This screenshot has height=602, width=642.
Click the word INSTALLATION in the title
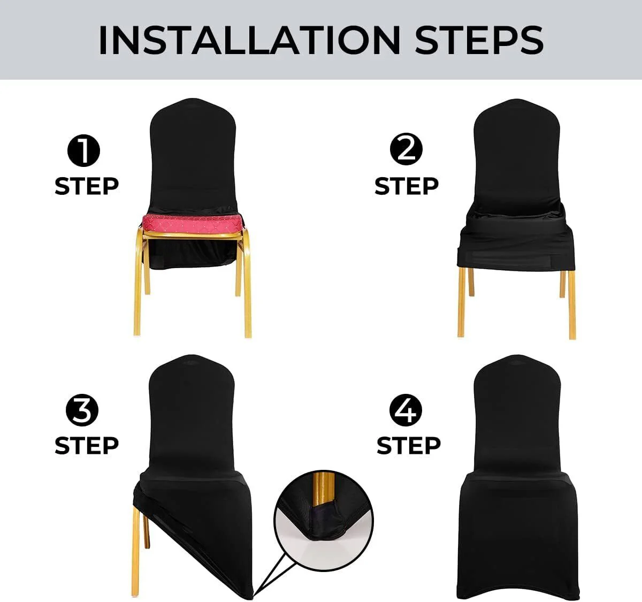249,40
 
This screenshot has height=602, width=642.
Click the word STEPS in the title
479,40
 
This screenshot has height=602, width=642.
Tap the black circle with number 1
84,151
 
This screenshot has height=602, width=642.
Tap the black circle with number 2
406,149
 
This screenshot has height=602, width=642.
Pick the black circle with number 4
407,410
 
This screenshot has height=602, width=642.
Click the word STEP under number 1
86,186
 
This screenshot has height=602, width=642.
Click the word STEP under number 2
406,186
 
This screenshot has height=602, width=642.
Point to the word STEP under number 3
86,445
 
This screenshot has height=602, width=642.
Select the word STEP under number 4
408,445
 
